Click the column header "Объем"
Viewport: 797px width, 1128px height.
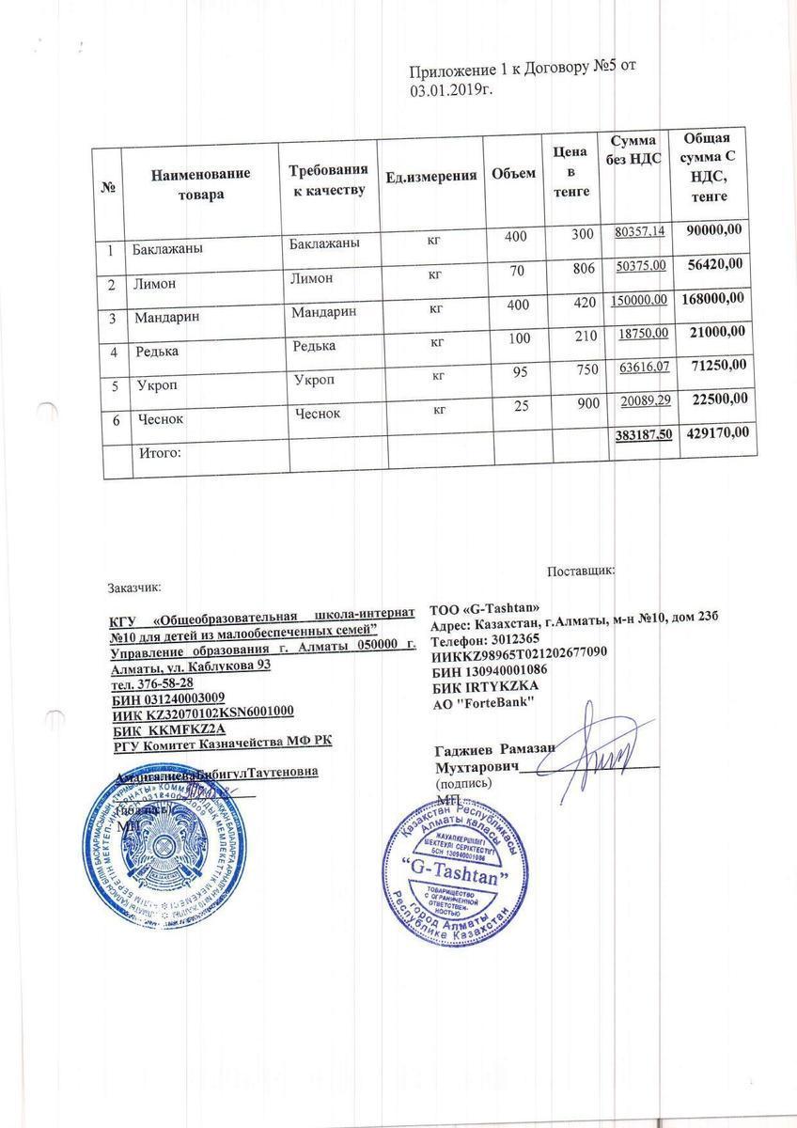513,174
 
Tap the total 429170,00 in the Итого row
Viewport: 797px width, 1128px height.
715,433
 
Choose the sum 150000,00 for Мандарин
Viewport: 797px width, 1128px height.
639,299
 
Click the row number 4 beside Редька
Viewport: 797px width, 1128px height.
113,352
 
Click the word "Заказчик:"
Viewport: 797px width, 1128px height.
135,587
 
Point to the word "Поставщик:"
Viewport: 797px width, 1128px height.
580,569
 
